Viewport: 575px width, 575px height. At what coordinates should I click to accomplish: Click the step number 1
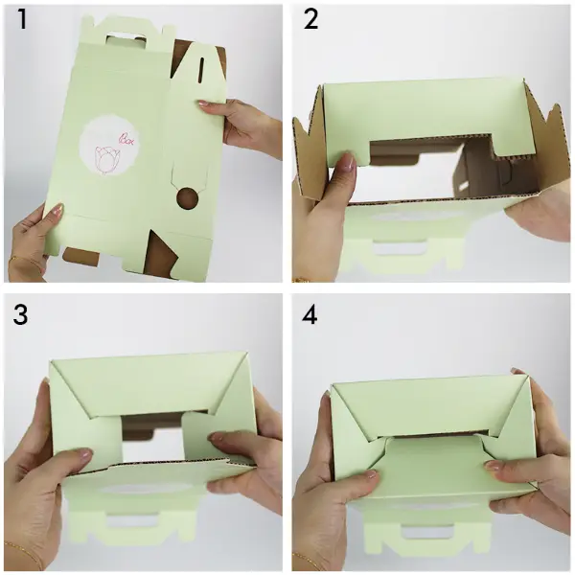click(23, 19)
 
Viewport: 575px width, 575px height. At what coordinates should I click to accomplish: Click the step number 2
click(310, 19)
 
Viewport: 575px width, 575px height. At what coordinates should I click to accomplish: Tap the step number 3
click(20, 314)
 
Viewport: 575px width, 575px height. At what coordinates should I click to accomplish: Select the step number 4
click(310, 314)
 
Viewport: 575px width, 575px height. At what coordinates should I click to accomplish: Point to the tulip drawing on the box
click(106, 159)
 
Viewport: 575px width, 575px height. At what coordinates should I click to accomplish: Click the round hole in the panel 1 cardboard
click(188, 198)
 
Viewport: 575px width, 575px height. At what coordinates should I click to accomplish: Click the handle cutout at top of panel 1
click(125, 39)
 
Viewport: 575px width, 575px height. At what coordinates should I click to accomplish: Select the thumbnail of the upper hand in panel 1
click(204, 104)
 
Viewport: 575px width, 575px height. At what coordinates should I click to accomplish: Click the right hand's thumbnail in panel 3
click(217, 437)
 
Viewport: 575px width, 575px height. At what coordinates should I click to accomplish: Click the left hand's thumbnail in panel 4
click(371, 474)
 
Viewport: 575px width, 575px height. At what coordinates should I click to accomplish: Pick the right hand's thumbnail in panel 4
click(492, 466)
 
